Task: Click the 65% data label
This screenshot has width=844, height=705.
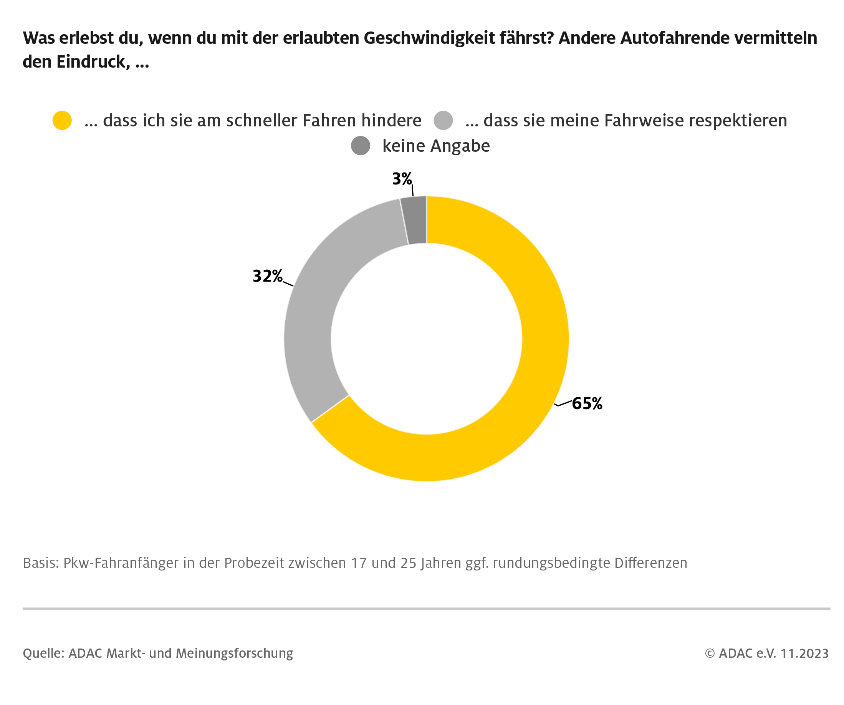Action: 587,403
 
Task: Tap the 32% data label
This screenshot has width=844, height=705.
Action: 267,276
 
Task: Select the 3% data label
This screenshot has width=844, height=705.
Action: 402,179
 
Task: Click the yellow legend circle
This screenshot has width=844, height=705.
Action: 62,121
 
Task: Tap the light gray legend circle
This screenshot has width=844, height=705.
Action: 443,121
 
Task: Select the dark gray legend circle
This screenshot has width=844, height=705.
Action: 361,146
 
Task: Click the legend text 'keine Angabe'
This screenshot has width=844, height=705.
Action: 436,146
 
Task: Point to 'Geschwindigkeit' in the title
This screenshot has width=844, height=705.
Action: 429,38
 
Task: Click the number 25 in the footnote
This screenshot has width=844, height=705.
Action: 408,563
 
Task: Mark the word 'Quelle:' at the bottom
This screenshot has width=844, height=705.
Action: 43,653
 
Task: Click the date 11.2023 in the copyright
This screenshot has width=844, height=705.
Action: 804,654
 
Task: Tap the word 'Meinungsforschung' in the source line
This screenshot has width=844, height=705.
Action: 234,654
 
